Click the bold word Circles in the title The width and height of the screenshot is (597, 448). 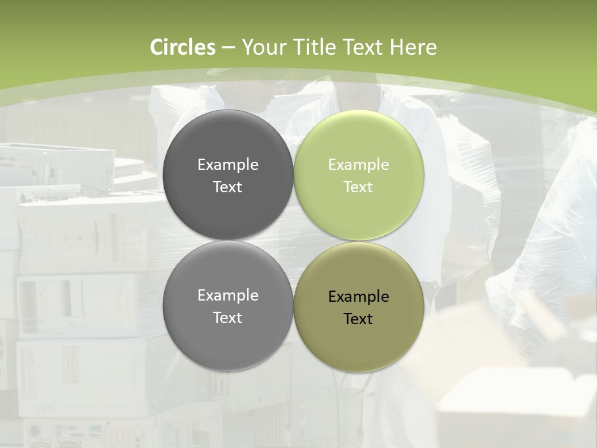pos(182,47)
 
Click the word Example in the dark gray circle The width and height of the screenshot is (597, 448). pos(228,164)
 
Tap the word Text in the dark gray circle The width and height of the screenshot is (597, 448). pos(228,187)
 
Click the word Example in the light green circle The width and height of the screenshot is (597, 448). pos(358,164)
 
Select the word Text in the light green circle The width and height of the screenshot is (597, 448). pos(358,187)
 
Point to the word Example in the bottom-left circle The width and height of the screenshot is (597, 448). pos(228,295)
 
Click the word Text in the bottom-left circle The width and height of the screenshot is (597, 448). pos(228,317)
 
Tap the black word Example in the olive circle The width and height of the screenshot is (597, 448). pos(358,296)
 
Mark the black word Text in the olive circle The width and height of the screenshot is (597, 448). pos(358,319)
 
